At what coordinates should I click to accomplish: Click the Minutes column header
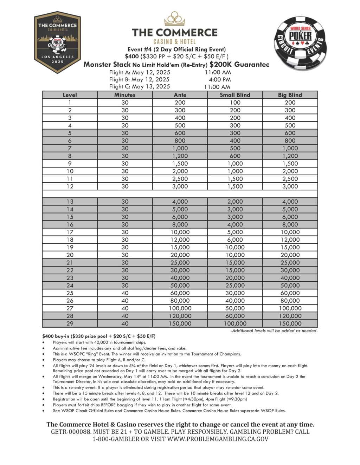(x=125, y=95)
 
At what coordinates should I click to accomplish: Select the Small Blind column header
(x=235, y=95)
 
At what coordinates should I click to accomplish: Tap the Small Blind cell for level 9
(x=235, y=164)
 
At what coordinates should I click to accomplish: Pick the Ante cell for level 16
(x=180, y=224)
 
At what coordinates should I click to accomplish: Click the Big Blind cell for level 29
(x=290, y=323)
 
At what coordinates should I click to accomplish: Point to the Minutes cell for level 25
(x=125, y=293)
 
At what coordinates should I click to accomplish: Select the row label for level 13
(x=70, y=202)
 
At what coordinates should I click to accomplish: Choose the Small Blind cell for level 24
(x=235, y=286)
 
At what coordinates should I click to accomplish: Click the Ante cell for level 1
(x=180, y=103)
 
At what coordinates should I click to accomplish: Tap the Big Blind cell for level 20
(x=290, y=255)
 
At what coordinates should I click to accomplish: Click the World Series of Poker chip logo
(x=300, y=43)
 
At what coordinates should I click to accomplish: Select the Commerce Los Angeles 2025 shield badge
(x=57, y=42)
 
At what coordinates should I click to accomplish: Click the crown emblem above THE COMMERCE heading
(x=175, y=19)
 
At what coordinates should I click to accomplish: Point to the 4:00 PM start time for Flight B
(x=220, y=80)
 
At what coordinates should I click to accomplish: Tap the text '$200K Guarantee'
(x=239, y=65)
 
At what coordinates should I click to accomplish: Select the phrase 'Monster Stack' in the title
(x=107, y=65)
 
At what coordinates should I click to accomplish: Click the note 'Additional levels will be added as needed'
(x=274, y=331)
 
